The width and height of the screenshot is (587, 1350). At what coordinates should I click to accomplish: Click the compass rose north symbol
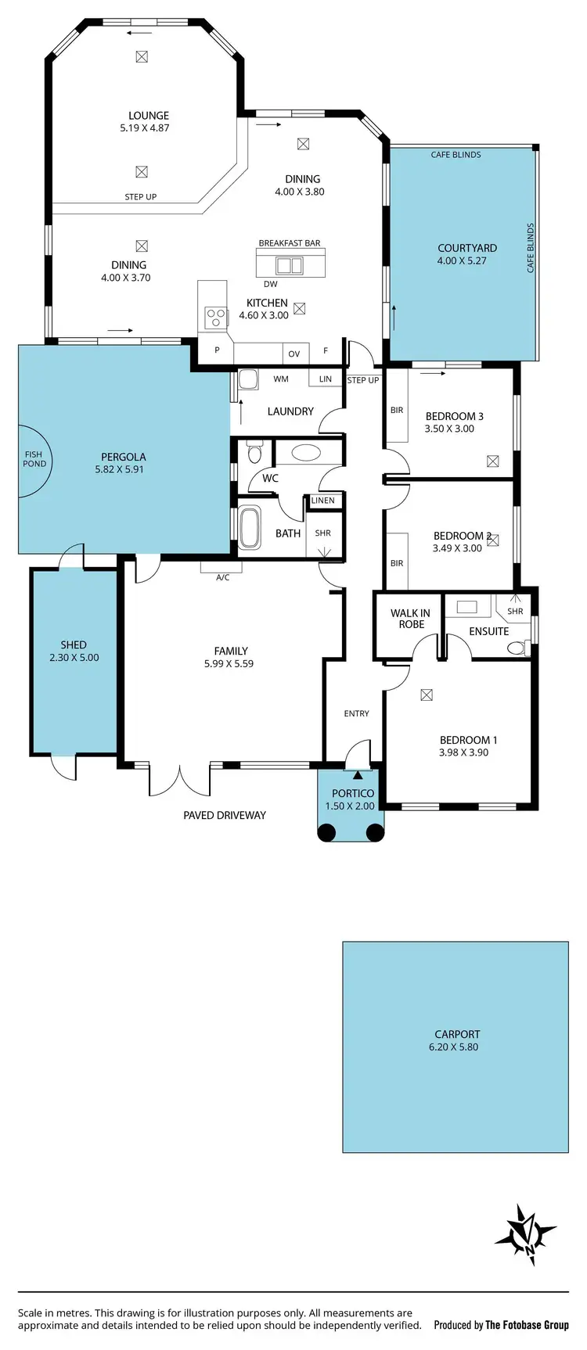525,1235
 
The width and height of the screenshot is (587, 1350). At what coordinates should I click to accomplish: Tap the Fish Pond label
34,459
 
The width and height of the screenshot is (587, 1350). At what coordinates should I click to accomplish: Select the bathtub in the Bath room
250,528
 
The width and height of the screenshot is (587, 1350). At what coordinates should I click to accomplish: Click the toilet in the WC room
254,454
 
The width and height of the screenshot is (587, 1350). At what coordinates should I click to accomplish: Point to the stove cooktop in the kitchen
214,317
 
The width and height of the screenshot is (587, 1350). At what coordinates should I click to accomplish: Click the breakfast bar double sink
289,266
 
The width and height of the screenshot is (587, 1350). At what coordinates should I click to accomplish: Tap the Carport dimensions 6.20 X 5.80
453,1047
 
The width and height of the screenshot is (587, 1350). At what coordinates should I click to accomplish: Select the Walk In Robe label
410,619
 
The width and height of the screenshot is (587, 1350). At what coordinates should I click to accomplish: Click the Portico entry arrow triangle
358,775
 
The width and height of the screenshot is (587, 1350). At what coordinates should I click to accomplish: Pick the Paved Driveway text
225,815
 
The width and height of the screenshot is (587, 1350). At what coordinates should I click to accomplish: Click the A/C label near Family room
222,578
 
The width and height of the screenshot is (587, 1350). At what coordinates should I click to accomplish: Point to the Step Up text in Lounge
141,197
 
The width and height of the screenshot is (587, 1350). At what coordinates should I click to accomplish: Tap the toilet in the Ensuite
516,648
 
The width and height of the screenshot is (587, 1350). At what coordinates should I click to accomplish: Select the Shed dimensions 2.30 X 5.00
74,658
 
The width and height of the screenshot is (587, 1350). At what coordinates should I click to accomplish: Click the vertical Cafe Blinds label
531,247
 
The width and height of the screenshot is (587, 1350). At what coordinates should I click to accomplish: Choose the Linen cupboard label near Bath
322,501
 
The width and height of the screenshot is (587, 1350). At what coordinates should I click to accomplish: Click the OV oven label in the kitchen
294,354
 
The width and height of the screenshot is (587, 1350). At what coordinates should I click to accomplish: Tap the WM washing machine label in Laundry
281,379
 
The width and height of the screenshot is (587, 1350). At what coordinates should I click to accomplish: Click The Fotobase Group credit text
527,1325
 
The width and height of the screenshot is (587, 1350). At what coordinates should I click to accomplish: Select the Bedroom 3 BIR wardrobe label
397,410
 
